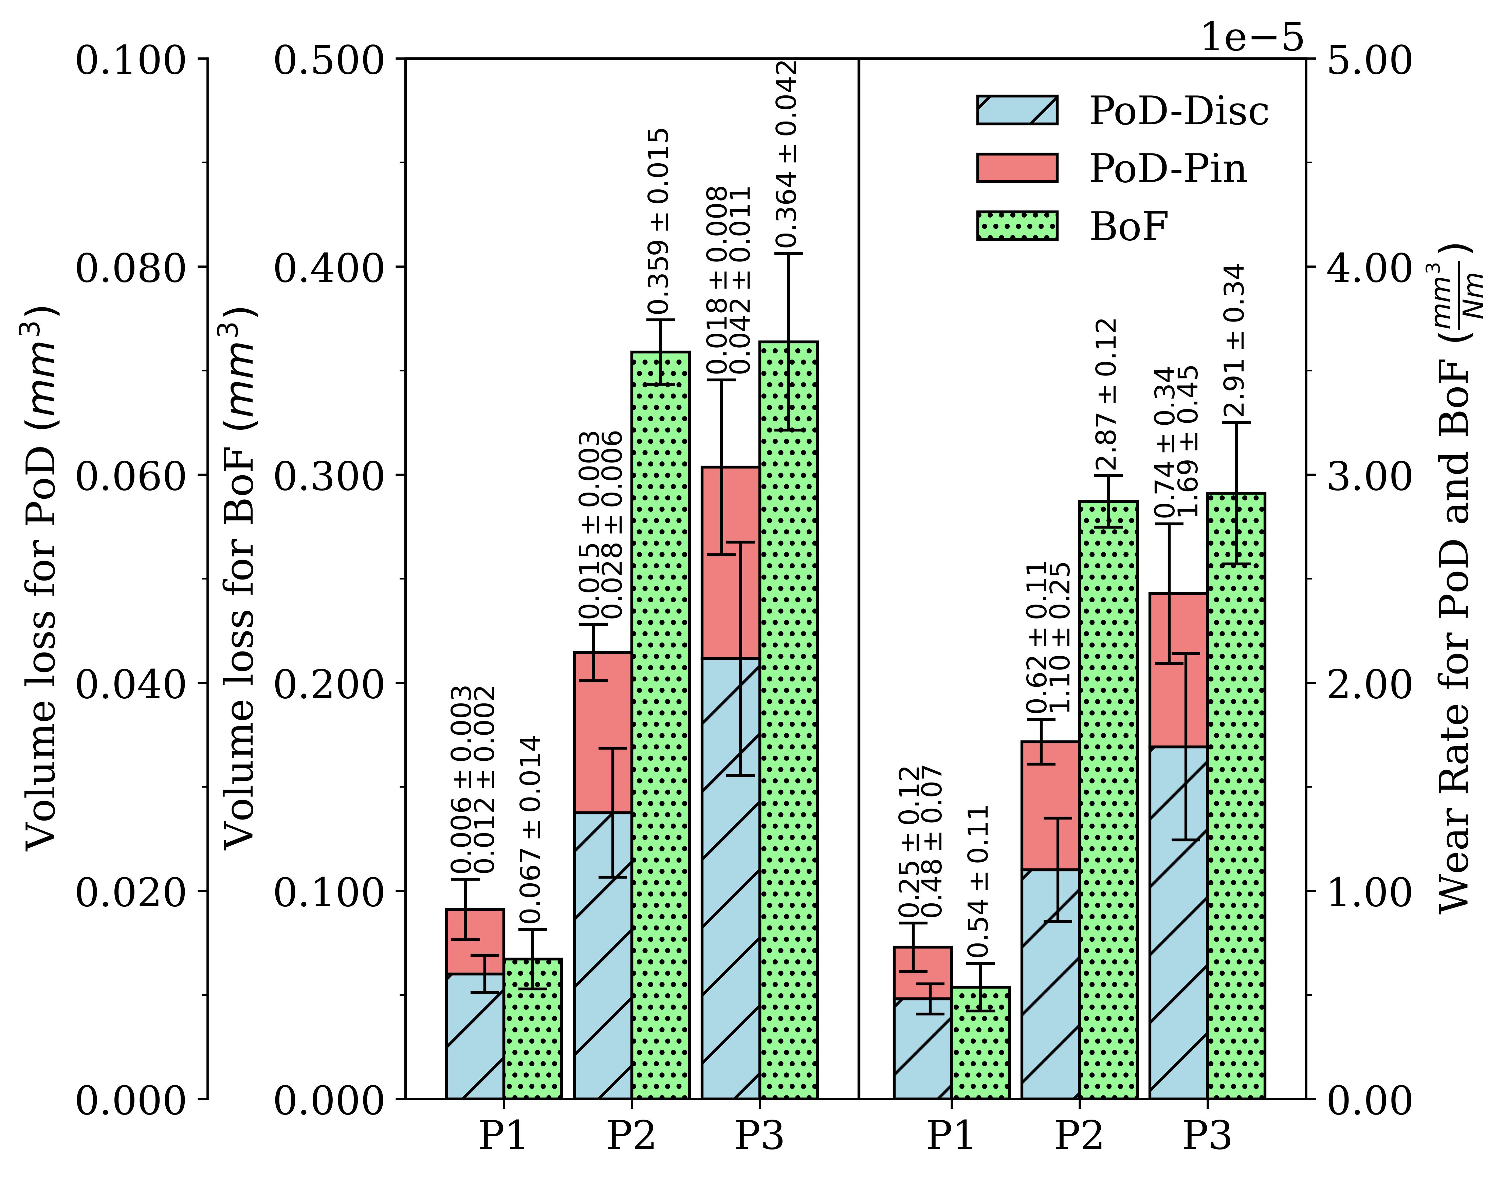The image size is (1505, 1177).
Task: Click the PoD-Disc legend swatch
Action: pos(1016,110)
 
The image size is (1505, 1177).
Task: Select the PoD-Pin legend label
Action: pos(1168,169)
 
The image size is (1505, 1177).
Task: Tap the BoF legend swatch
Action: pos(1016,226)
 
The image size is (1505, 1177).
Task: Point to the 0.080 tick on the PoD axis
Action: pos(131,268)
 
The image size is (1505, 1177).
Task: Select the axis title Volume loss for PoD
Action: pos(41,579)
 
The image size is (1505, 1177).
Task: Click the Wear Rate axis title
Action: pos(1461,579)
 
